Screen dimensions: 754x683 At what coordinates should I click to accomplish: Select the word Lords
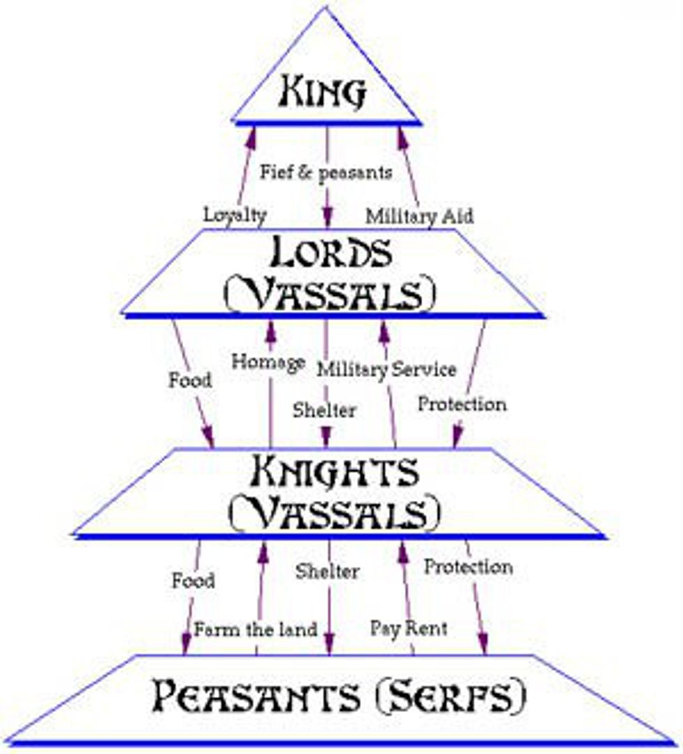click(x=330, y=255)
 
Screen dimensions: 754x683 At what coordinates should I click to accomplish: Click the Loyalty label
click(x=235, y=216)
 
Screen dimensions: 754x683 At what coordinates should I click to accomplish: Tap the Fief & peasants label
click(x=325, y=172)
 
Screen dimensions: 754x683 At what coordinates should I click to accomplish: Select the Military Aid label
click(x=420, y=216)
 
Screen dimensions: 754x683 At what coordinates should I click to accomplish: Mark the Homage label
click(x=268, y=363)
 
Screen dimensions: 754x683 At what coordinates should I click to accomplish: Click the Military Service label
click(x=387, y=369)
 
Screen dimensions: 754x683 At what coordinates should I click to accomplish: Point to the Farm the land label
click(x=256, y=629)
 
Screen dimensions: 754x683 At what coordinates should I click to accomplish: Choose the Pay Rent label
click(x=409, y=628)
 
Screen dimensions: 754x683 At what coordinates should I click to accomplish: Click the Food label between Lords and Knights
click(x=190, y=382)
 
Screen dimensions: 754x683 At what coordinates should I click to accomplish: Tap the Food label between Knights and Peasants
click(x=193, y=580)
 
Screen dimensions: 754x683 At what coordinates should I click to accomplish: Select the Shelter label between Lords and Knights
click(x=324, y=409)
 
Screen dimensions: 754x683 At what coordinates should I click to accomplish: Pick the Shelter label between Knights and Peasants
click(x=327, y=572)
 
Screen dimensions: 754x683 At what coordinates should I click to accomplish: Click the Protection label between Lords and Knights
click(x=462, y=404)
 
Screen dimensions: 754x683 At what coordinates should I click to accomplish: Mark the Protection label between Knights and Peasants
click(x=468, y=567)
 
